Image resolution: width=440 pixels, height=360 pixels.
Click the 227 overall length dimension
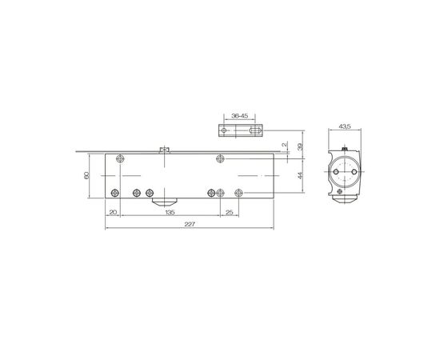[x=190, y=226]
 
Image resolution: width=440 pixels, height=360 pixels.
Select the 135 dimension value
[x=170, y=213]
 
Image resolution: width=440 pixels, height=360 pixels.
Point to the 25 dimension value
[x=230, y=213]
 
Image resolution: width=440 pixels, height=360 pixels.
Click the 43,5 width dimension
[x=346, y=126]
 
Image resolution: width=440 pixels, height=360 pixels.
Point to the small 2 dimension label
[x=284, y=145]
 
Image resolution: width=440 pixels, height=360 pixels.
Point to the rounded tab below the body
[x=169, y=199]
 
